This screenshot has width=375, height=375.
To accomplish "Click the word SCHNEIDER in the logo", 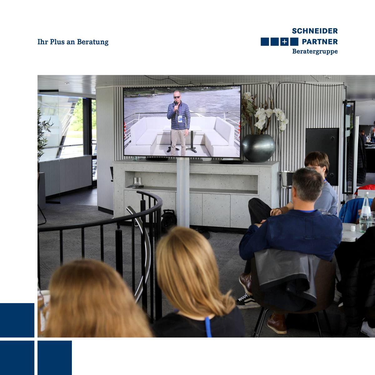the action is click(315, 31).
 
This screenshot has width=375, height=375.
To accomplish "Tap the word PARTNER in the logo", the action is click(320, 42).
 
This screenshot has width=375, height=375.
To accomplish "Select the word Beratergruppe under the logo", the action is click(315, 52).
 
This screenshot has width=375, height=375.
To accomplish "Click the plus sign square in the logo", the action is click(284, 42).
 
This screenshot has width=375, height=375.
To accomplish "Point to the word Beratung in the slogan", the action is click(92, 42).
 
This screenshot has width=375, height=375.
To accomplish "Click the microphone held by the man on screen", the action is click(176, 107).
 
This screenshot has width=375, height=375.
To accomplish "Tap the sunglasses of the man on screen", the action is click(177, 97).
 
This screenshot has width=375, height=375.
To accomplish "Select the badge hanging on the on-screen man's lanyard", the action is click(180, 119).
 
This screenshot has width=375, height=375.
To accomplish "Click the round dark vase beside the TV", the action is click(258, 148).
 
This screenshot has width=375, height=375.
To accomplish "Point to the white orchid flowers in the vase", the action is click(268, 117).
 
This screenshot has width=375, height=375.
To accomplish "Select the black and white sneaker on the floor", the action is click(247, 302).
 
